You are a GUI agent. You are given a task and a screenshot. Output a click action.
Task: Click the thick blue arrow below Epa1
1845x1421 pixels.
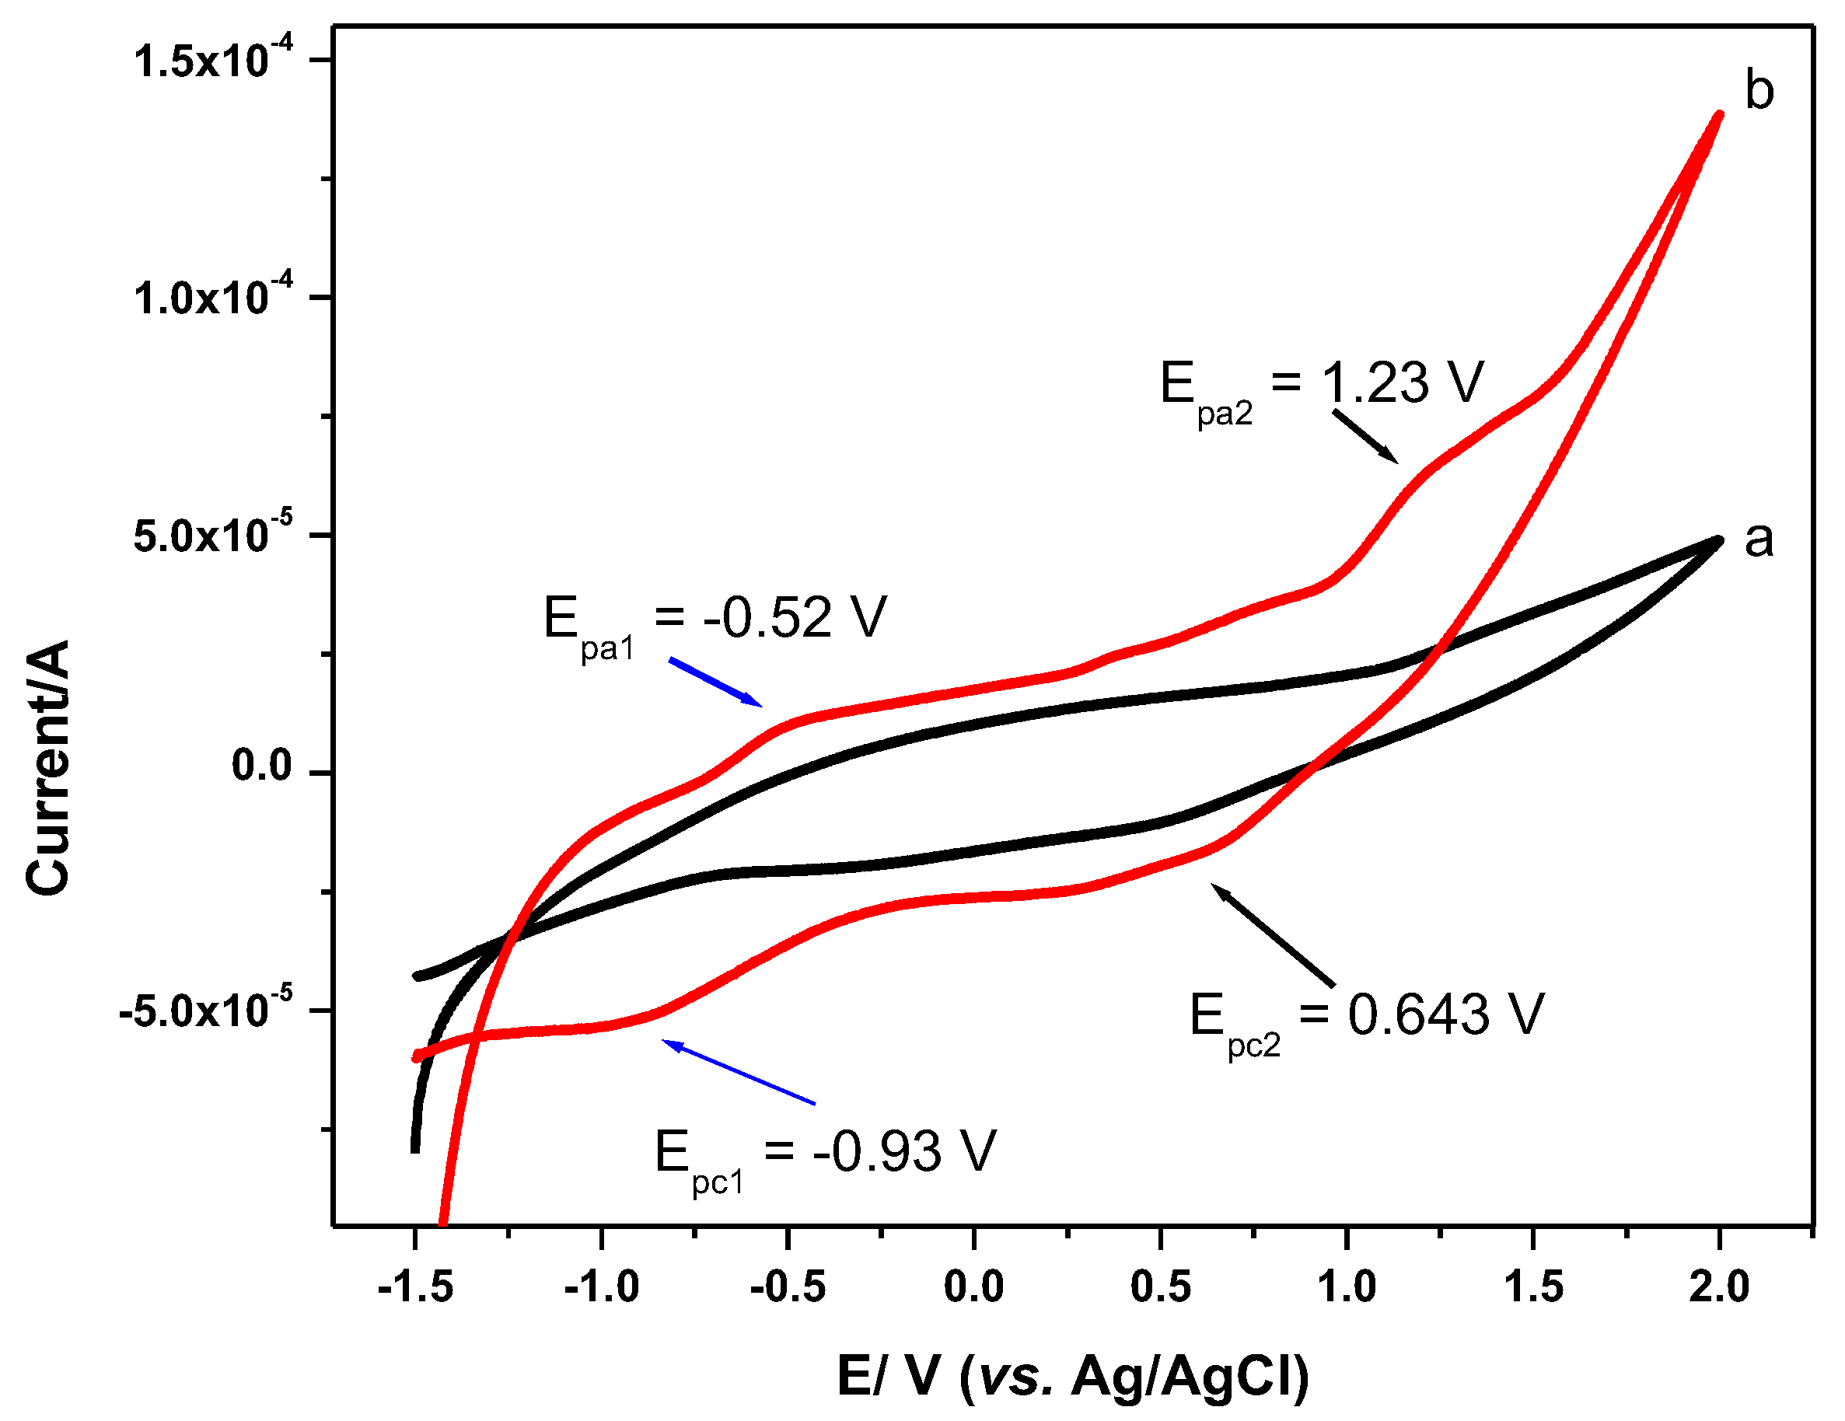pyautogui.click(x=715, y=682)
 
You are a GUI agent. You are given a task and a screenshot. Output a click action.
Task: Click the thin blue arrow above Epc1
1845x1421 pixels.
pyautogui.click(x=739, y=1072)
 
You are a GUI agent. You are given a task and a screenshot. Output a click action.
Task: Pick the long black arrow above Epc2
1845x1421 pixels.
pyautogui.click(x=1273, y=934)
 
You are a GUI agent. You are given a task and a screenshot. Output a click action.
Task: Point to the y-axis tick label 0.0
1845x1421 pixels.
pyautogui.click(x=261, y=766)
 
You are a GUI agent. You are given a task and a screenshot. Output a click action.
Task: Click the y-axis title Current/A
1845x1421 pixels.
pyautogui.click(x=47, y=767)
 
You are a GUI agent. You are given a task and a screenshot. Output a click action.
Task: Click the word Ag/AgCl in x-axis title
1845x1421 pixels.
pyautogui.click(x=1190, y=1376)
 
